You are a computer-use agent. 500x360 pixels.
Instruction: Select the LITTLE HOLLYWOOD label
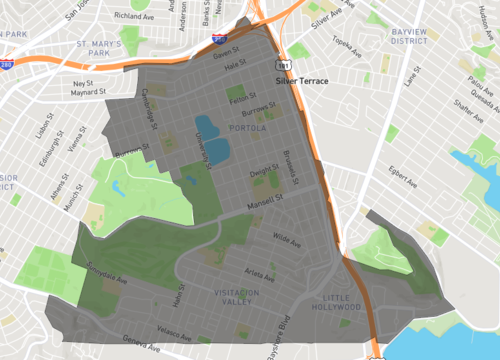337,303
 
